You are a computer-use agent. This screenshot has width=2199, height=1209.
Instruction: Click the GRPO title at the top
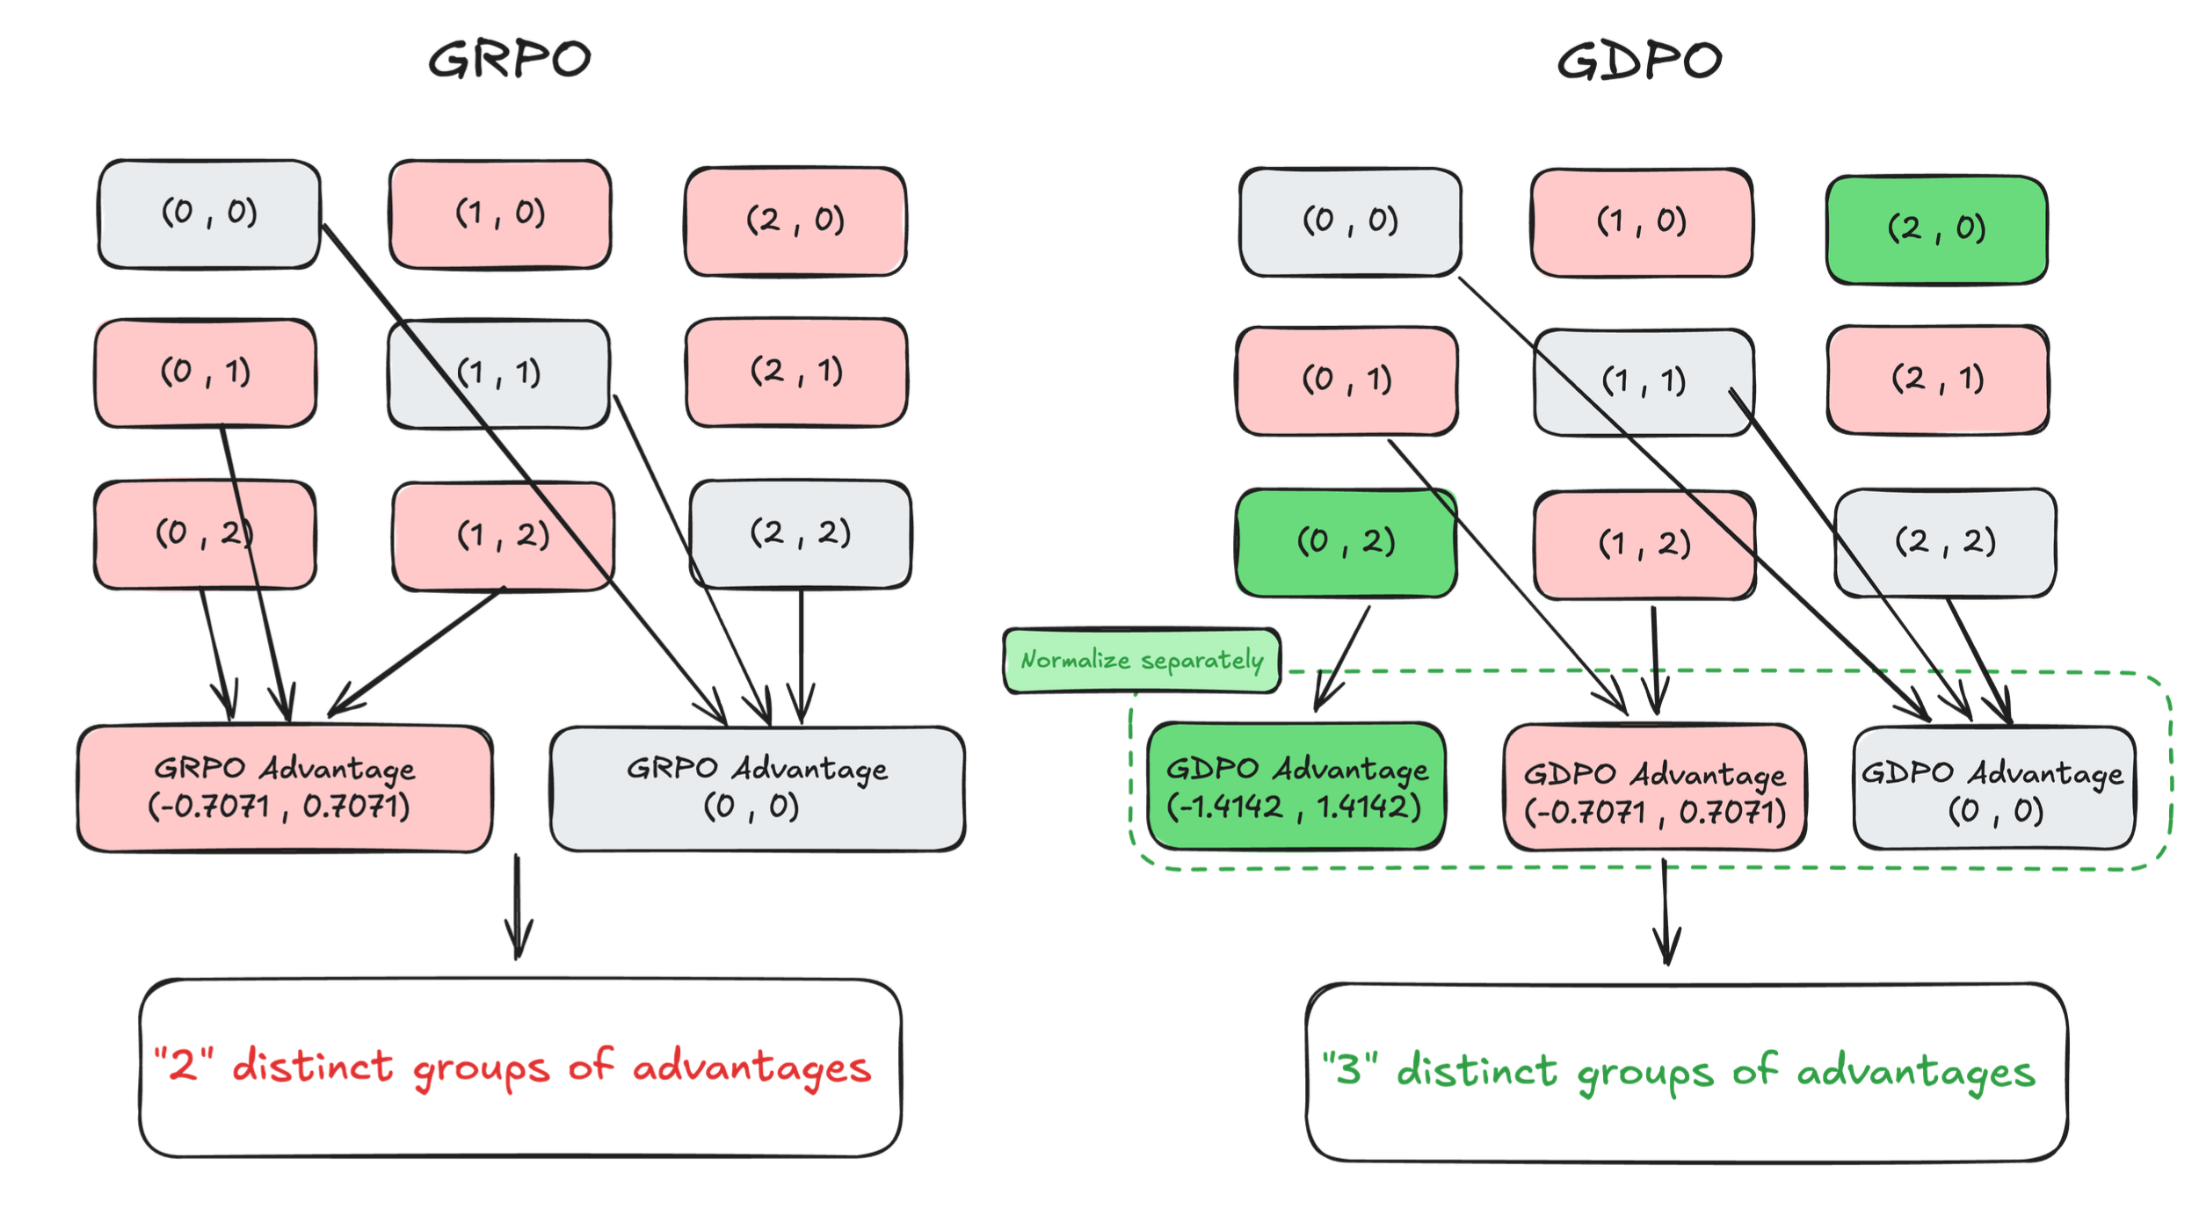click(510, 61)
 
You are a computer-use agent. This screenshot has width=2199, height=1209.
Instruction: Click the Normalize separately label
click(1142, 660)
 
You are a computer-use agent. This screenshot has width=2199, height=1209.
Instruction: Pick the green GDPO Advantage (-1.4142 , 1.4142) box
click(1295, 786)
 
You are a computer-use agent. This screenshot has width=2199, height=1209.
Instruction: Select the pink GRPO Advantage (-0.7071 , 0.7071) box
click(285, 788)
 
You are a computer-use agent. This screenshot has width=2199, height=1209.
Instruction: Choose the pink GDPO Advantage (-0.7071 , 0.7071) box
click(1655, 788)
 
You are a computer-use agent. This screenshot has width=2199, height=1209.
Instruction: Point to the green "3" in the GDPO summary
click(1350, 1068)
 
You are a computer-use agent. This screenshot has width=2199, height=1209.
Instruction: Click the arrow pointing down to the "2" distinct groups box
click(518, 906)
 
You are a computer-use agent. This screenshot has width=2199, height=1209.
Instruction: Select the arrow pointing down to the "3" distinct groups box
click(1666, 912)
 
